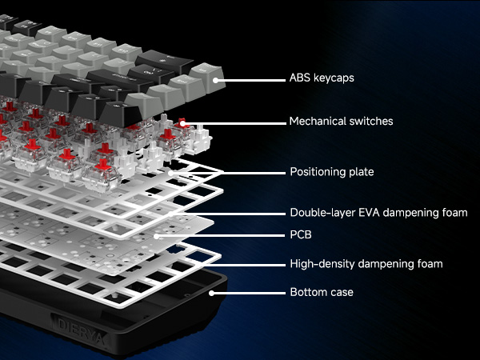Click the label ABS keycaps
point(320,79)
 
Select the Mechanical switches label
point(341,122)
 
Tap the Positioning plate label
point(330,171)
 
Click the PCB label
point(300,236)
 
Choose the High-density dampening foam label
point(366,263)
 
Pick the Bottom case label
point(321,292)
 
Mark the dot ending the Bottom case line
point(212,293)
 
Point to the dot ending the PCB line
point(158,236)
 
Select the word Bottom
point(306,292)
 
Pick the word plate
point(360,171)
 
